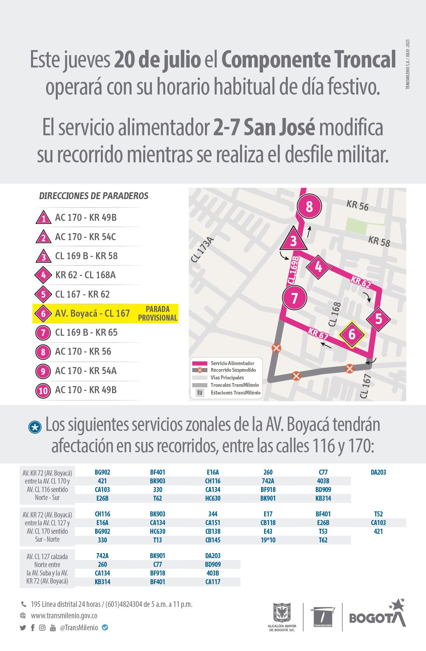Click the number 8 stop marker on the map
click(309, 206)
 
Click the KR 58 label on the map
click(379, 241)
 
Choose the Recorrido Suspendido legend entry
click(233, 370)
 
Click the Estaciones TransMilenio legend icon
click(200, 393)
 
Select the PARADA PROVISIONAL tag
click(157, 313)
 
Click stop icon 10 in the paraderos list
click(43, 390)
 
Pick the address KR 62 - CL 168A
click(85, 275)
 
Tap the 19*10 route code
click(268, 540)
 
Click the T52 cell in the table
click(378, 514)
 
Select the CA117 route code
click(213, 582)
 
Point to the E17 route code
click(268, 514)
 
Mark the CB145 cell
click(213, 540)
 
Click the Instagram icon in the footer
click(42, 628)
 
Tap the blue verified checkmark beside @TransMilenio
click(105, 627)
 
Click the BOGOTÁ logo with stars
click(377, 615)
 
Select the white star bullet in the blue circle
click(35, 428)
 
